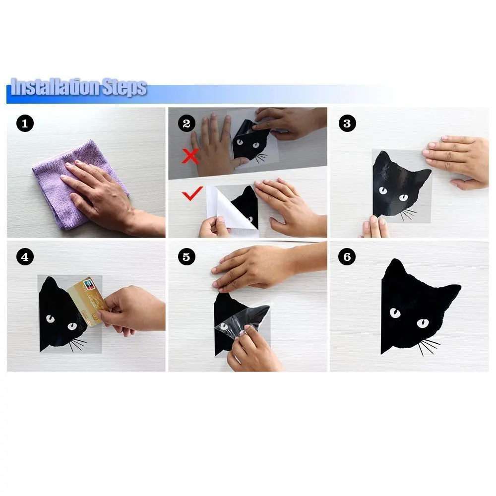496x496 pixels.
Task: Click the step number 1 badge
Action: pyautogui.click(x=25, y=124)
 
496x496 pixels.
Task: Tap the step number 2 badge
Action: pyautogui.click(x=186, y=124)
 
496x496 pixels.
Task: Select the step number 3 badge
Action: pyautogui.click(x=347, y=124)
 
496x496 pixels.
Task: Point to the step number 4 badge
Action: pyautogui.click(x=25, y=257)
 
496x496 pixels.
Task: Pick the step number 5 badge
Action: pyautogui.click(x=186, y=257)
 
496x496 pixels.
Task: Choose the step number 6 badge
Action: pyautogui.click(x=347, y=257)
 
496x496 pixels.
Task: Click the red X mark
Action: pyautogui.click(x=190, y=156)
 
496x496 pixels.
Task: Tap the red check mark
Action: pyautogui.click(x=192, y=193)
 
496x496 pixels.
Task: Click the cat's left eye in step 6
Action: pyautogui.click(x=395, y=313)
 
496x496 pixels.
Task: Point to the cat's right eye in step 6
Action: pyautogui.click(x=423, y=323)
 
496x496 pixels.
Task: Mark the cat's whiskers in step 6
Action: pyautogui.click(x=429, y=346)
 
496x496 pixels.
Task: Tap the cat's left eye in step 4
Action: pyautogui.click(x=50, y=319)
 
